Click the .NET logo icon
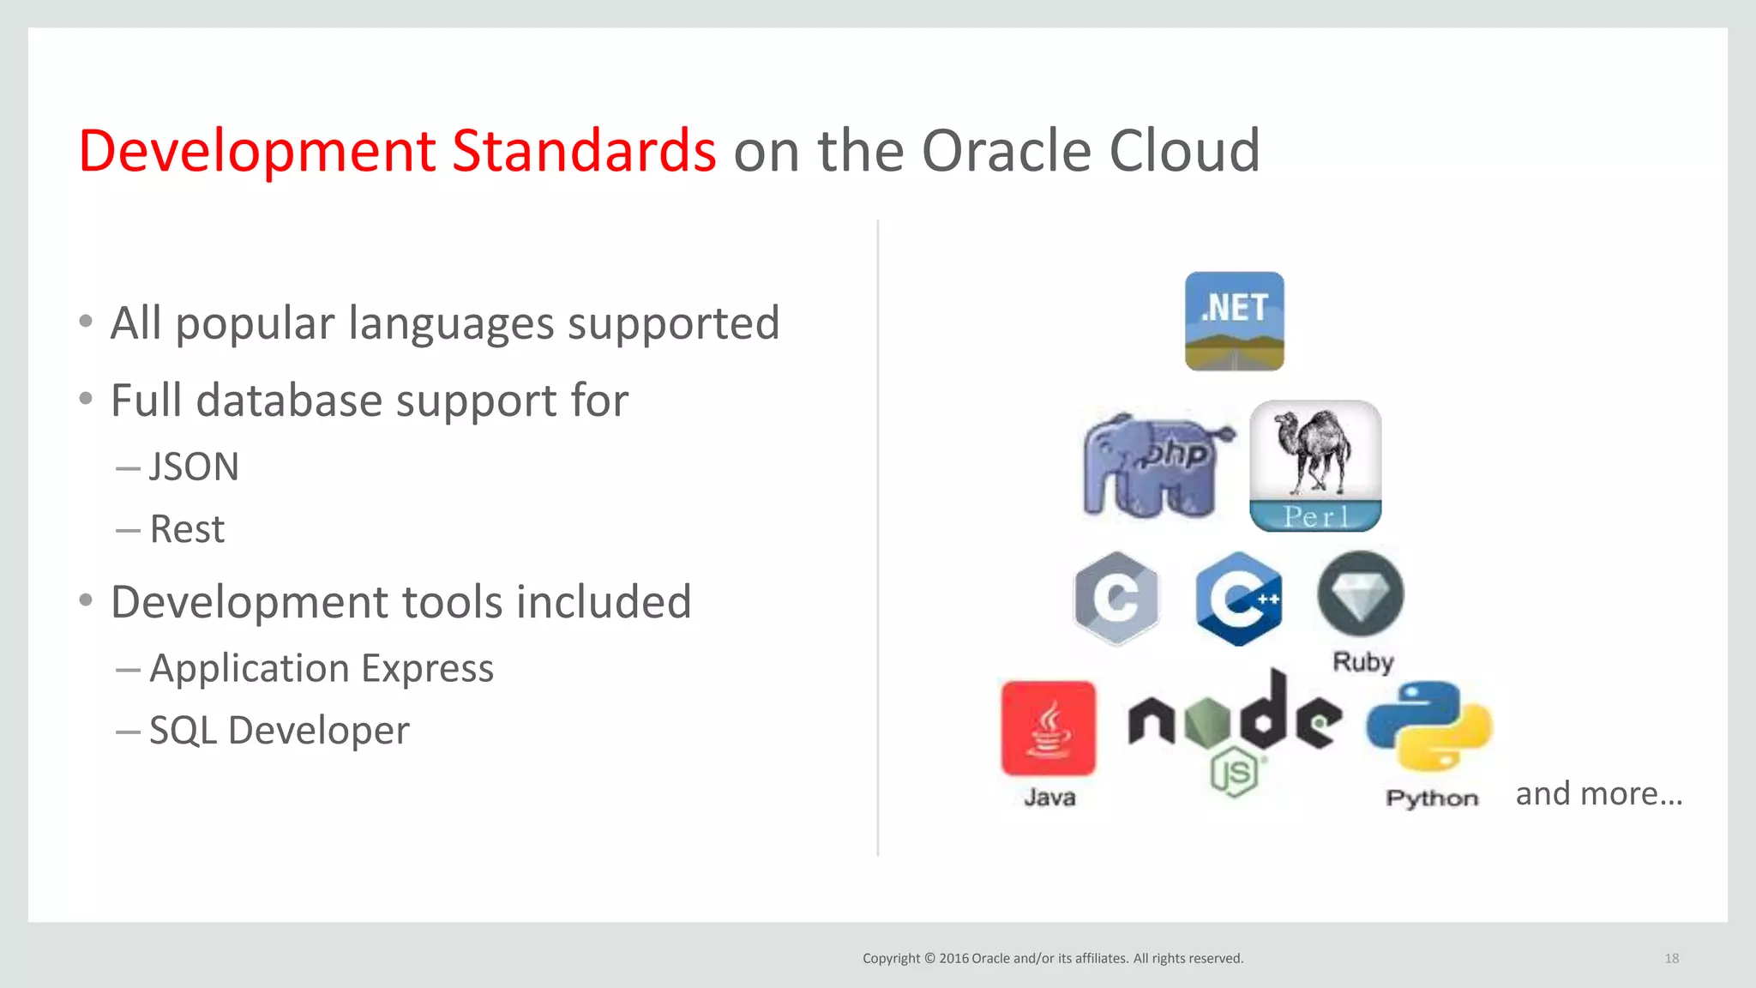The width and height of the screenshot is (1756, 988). pos(1234,321)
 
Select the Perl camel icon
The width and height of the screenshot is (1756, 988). pos(1314,466)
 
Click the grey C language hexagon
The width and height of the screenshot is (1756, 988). pos(1116,598)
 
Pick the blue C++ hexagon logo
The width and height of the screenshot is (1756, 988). pos(1239,598)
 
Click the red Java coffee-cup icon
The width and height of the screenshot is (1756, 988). pos(1048,728)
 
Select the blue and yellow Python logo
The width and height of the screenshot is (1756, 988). pos(1429,726)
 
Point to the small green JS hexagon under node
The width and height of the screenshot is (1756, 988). pos(1235,774)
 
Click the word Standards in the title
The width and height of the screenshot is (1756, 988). pos(583,151)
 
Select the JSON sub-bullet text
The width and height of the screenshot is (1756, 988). pos(194,467)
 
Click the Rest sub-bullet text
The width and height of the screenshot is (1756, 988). pos(187,529)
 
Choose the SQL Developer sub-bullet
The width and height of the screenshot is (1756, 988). pos(279,731)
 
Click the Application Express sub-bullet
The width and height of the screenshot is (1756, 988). pos(322,668)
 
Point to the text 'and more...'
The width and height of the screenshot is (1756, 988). pos(1598,793)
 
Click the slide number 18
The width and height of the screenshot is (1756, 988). pos(1671,958)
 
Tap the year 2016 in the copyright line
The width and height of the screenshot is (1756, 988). pos(953,958)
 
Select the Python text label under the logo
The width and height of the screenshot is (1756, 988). pos(1432,798)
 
